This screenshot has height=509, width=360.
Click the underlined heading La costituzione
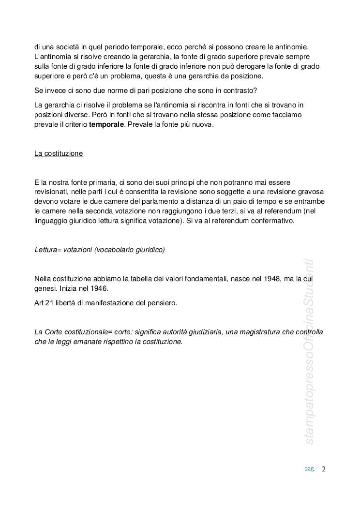coord(59,153)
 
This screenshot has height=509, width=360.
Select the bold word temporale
coord(106,124)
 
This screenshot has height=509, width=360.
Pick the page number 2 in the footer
coord(324,469)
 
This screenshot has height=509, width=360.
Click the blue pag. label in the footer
coord(309,469)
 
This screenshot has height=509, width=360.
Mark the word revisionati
coord(52,191)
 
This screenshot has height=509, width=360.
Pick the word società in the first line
coord(71,47)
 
